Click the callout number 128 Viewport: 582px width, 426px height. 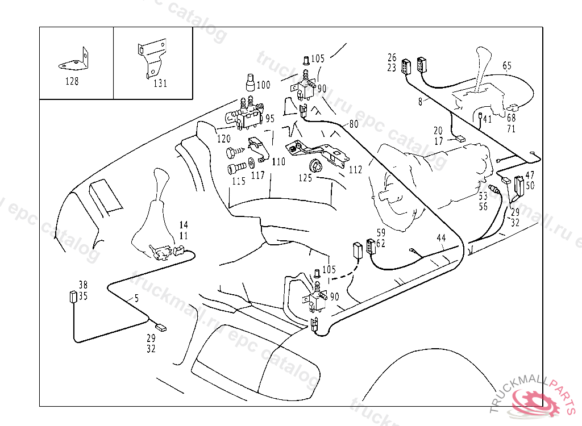(72, 81)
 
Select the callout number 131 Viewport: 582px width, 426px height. (160, 83)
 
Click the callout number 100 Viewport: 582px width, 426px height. (263, 85)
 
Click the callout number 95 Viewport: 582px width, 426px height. (269, 119)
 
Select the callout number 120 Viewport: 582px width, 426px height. (223, 139)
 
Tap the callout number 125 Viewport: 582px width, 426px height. (305, 178)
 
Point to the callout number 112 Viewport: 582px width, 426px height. (355, 169)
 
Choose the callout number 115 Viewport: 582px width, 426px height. (238, 182)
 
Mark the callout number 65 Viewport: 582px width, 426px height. (507, 66)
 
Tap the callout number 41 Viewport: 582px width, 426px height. (487, 119)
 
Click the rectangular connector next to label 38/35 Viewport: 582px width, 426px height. (73, 297)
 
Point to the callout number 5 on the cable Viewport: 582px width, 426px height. (136, 298)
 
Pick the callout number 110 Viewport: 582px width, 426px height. (278, 162)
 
